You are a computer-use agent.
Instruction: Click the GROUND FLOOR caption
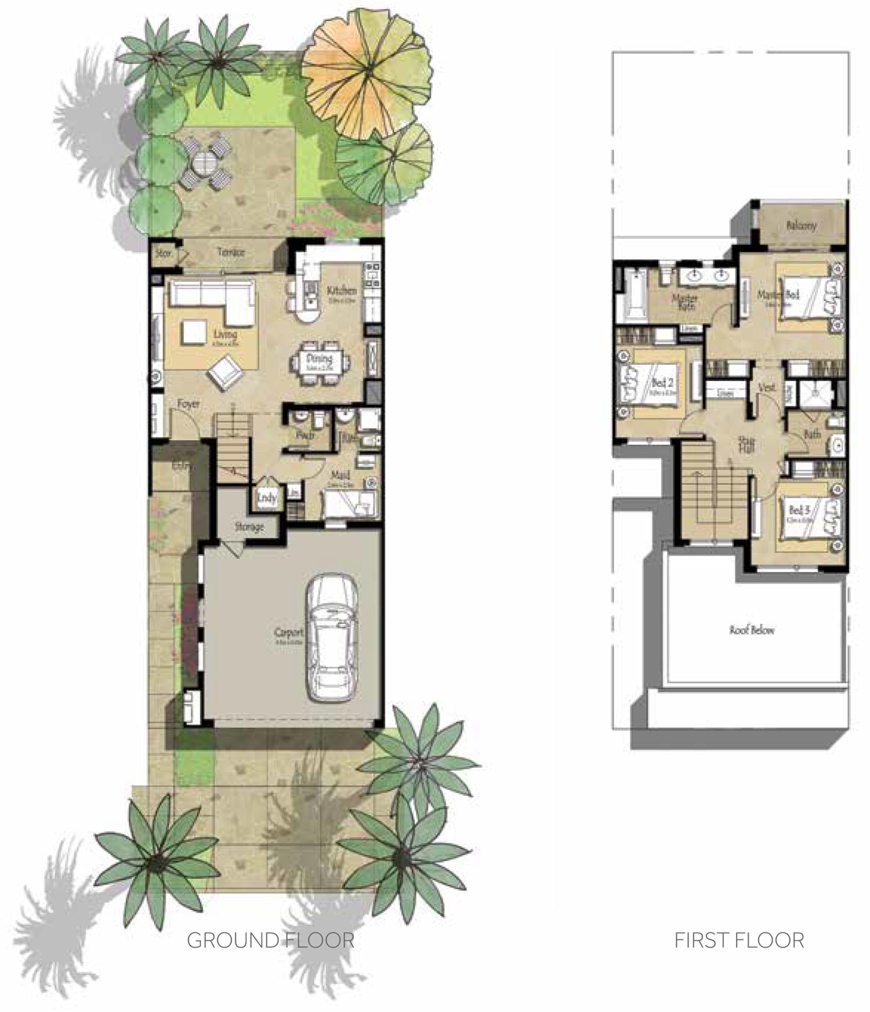pos(270,940)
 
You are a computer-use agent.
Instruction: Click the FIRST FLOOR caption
pos(739,940)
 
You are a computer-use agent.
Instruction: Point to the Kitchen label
pos(341,291)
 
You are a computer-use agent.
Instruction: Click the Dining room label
pos(319,359)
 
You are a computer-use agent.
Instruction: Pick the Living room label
pos(225,335)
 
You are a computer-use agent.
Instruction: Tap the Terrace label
pos(231,253)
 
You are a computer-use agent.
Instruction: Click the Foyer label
pos(188,404)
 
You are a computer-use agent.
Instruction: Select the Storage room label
pos(249,527)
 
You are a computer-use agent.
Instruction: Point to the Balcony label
pos(802,225)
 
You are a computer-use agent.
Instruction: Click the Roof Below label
pos(752,630)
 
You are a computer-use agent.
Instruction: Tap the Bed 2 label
pos(662,383)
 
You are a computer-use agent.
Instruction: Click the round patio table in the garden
pos(205,159)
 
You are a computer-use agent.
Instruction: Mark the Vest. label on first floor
pos(767,387)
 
